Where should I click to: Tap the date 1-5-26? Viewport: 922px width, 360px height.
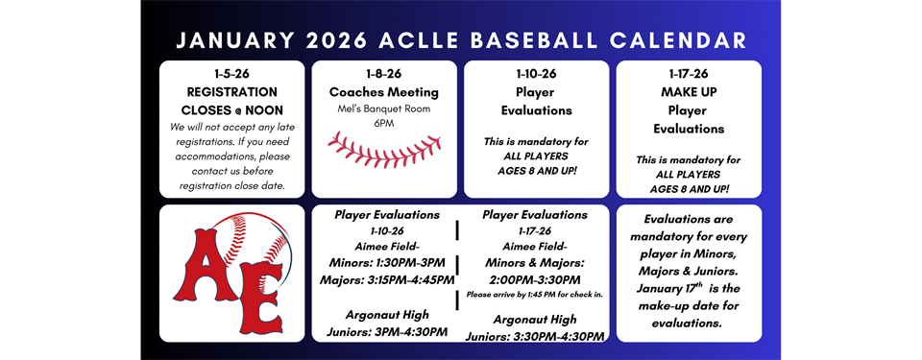coord(231,74)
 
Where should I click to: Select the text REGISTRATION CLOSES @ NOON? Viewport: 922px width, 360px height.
coord(231,101)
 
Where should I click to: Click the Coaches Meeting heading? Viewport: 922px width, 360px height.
coord(384,92)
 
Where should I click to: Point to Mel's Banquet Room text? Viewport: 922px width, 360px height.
coord(384,108)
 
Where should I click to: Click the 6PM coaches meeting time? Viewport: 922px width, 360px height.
coord(384,124)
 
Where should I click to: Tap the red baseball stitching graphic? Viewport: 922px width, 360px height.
coord(384,151)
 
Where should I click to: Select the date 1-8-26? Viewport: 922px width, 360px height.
coord(384,74)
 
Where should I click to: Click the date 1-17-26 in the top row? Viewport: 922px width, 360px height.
coord(689,74)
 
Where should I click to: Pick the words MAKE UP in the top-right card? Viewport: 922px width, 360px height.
coord(689,92)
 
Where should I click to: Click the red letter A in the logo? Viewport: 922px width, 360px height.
coord(204,265)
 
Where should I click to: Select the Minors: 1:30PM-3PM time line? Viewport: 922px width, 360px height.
coord(387,262)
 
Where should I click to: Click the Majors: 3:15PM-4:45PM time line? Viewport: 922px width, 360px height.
coord(387,279)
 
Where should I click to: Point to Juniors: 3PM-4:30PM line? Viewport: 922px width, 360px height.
coord(387,332)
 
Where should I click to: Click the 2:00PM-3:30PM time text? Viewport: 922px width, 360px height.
coord(535,279)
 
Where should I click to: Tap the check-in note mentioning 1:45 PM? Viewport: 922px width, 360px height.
coord(535,294)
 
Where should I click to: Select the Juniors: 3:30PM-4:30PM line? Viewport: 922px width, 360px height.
coord(535,336)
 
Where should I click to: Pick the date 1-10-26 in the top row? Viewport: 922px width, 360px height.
coord(536,74)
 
